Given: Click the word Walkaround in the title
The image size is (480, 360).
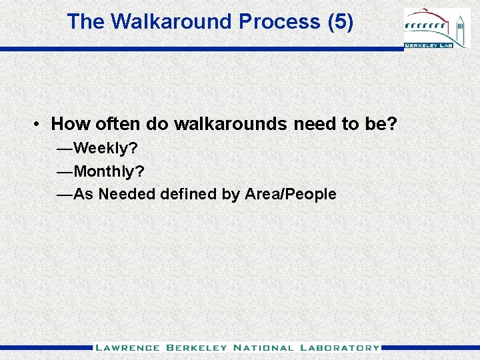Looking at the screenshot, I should (171, 21).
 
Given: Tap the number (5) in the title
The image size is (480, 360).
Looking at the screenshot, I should (341, 21).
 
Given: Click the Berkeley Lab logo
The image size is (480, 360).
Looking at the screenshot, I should (436, 29).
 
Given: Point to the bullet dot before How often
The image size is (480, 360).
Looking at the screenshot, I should (41, 125).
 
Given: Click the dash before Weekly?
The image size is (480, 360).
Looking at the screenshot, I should (65, 147).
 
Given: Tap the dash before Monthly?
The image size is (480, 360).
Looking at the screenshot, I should (65, 171).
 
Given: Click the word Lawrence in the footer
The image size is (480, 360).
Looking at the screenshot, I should (127, 347).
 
